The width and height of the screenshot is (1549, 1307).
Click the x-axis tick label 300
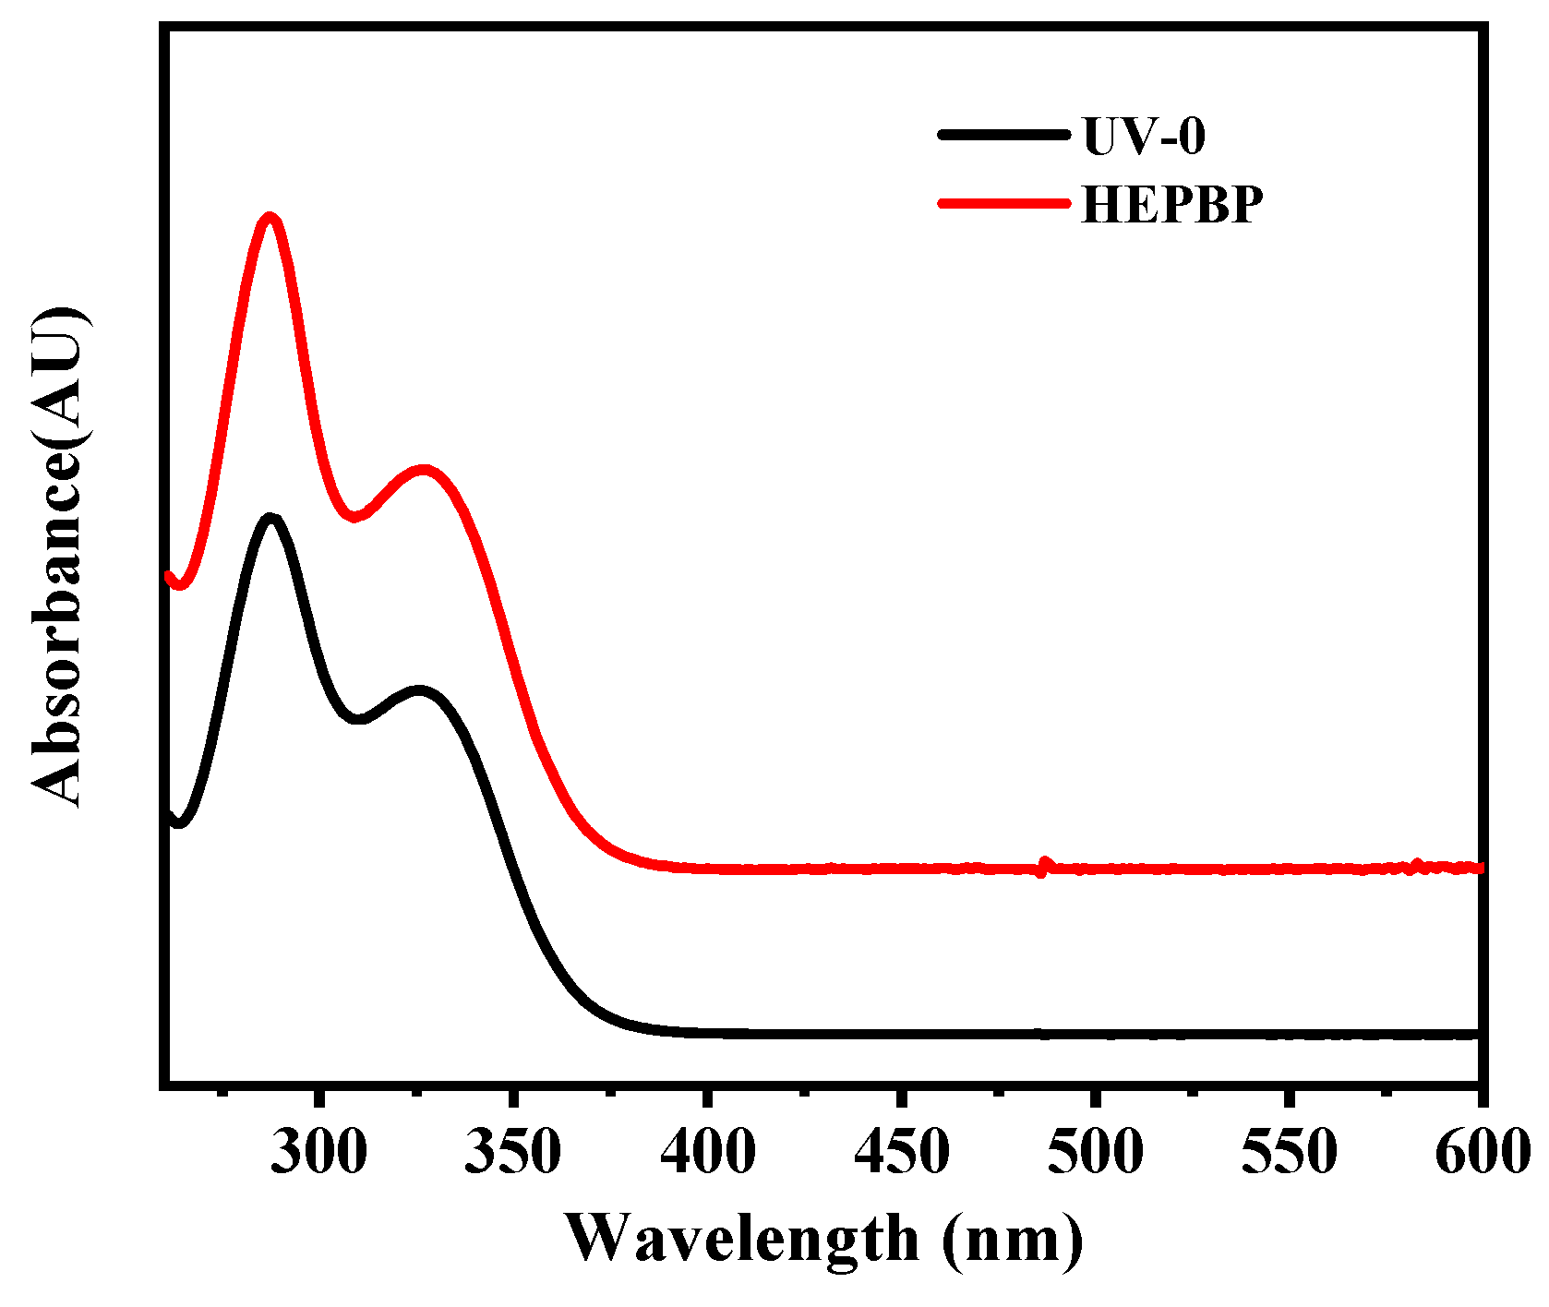[x=318, y=1153]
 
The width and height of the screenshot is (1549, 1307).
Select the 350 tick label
[x=513, y=1153]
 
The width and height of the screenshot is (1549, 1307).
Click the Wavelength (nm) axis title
[x=823, y=1239]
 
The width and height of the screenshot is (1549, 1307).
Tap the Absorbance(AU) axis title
[x=60, y=557]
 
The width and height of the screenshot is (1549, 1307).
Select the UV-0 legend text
[x=1143, y=136]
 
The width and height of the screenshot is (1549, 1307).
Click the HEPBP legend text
[x=1171, y=204]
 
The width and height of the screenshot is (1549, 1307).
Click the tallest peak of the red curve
[x=270, y=219]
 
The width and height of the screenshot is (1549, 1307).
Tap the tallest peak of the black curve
[x=271, y=519]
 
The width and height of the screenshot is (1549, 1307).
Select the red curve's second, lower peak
[x=424, y=471]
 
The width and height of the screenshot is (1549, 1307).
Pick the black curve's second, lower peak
[x=420, y=691]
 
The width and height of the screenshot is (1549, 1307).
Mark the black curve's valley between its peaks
[x=359, y=718]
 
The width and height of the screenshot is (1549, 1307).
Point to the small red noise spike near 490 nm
[x=1044, y=866]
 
